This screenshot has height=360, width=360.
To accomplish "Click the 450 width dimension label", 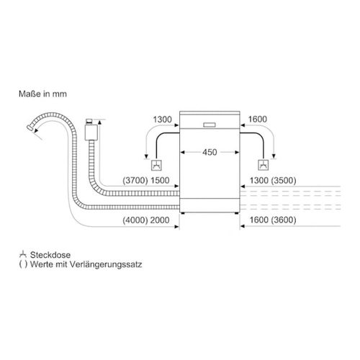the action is tap(210, 152).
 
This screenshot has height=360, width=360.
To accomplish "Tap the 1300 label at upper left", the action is tap(163, 120).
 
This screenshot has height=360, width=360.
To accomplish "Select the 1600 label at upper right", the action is tap(257, 119).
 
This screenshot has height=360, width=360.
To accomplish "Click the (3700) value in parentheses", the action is tap(135, 181).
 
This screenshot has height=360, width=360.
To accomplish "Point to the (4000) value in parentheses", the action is tap(135, 220).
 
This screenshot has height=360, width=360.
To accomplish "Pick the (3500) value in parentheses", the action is tap(284, 181).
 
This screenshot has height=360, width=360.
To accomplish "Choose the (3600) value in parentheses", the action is tap(284, 220).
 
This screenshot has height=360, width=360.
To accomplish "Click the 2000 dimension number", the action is tap(160, 220).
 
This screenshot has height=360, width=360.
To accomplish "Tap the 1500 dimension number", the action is tap(160, 181).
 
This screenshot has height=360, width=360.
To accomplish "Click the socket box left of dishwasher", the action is tap(156, 165).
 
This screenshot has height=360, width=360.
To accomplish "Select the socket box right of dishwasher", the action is tap(263, 165).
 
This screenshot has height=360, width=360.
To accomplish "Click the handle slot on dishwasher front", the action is tap(210, 125).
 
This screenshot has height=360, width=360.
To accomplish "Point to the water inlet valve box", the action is tap(91, 132).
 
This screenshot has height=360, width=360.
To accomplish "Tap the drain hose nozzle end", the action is tap(30, 127).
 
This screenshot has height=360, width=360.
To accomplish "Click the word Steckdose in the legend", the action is tap(50, 255).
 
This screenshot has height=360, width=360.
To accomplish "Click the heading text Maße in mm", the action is tap(42, 94).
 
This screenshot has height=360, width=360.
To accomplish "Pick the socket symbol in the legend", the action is tap(22, 254).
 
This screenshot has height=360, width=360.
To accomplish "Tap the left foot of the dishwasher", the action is tap(183, 213).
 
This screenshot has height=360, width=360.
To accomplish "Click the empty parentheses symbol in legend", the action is tap(23, 264).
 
